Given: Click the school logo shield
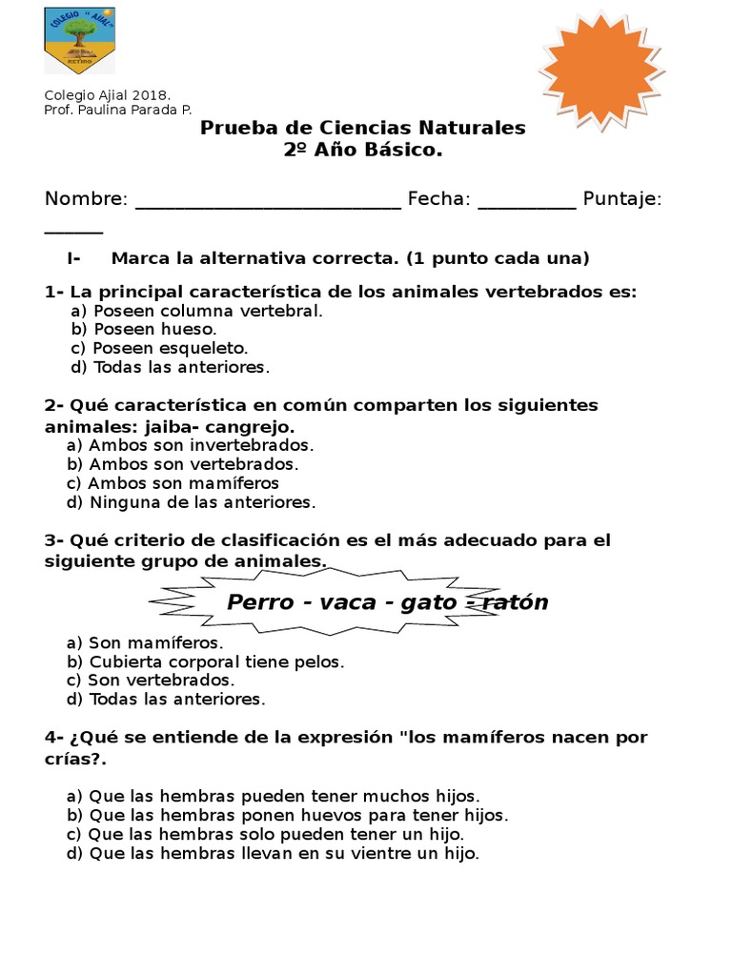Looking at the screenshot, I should (79, 40).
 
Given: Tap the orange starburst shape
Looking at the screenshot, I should (601, 71).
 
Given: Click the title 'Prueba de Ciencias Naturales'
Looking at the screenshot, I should (362, 128).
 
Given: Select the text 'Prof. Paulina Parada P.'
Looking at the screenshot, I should (118, 111).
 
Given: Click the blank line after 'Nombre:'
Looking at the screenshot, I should (268, 200).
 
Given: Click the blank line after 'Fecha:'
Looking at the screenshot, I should (526, 200).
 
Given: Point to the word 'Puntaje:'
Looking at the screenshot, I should (622, 198).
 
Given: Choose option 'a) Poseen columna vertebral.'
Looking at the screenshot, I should (196, 311).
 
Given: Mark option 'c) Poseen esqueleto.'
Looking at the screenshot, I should (159, 348).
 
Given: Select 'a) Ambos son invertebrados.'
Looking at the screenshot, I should (190, 445).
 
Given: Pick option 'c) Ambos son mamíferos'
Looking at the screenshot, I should (173, 483).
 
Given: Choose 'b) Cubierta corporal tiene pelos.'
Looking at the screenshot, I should (205, 661).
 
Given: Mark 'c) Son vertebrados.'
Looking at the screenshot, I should (151, 681).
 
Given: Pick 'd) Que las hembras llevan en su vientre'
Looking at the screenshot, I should (273, 854).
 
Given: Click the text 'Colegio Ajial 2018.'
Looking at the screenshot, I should (108, 95).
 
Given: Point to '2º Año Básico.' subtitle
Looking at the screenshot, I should (363, 151).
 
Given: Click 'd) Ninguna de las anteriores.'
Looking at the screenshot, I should (191, 502).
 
